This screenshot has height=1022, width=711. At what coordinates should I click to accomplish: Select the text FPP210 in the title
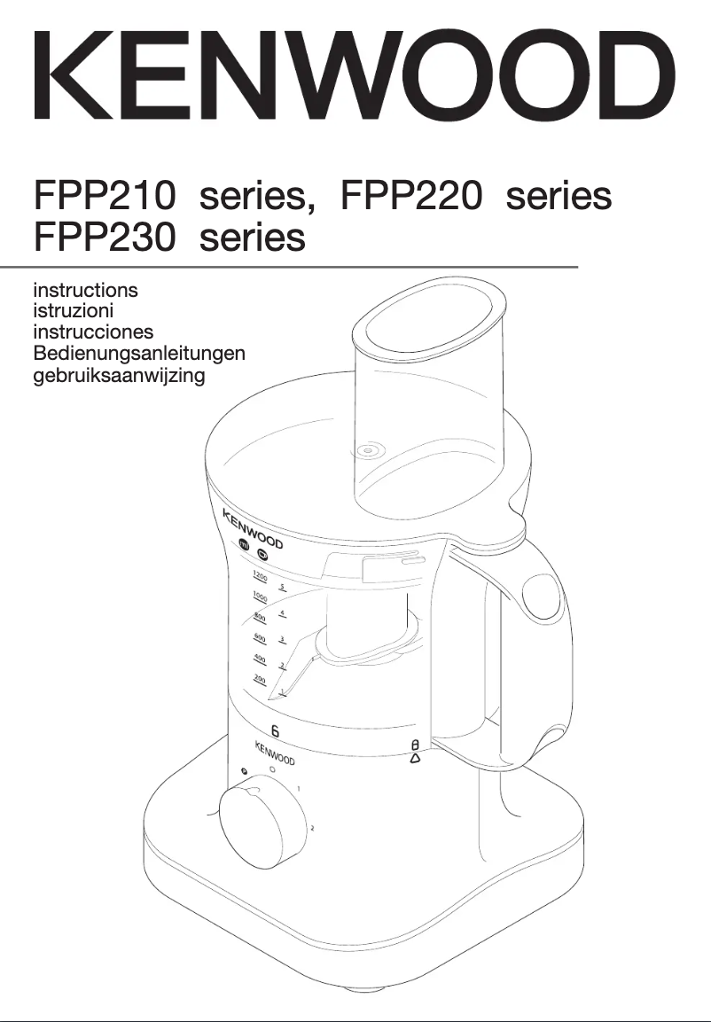click(105, 196)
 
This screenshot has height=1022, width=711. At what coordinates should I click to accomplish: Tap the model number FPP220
click(411, 196)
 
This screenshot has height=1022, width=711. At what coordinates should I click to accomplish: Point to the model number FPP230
click(105, 238)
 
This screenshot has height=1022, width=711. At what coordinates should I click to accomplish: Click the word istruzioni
click(73, 310)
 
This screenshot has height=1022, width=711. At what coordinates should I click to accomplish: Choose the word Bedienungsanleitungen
click(138, 353)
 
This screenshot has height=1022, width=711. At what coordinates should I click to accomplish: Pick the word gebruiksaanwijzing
click(119, 375)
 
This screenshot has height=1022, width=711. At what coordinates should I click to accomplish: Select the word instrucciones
click(93, 332)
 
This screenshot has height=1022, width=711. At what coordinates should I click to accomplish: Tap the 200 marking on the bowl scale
click(260, 680)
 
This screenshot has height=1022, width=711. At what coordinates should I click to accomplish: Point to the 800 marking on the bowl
click(260, 617)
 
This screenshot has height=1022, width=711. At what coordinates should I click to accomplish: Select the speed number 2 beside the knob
click(311, 828)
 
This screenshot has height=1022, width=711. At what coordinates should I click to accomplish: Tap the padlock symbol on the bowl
click(415, 746)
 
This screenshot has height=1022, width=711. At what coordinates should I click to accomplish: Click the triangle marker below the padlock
click(415, 760)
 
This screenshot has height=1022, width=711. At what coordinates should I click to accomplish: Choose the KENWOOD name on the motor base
click(276, 753)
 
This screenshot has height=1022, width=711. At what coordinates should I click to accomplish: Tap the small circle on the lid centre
click(364, 451)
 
